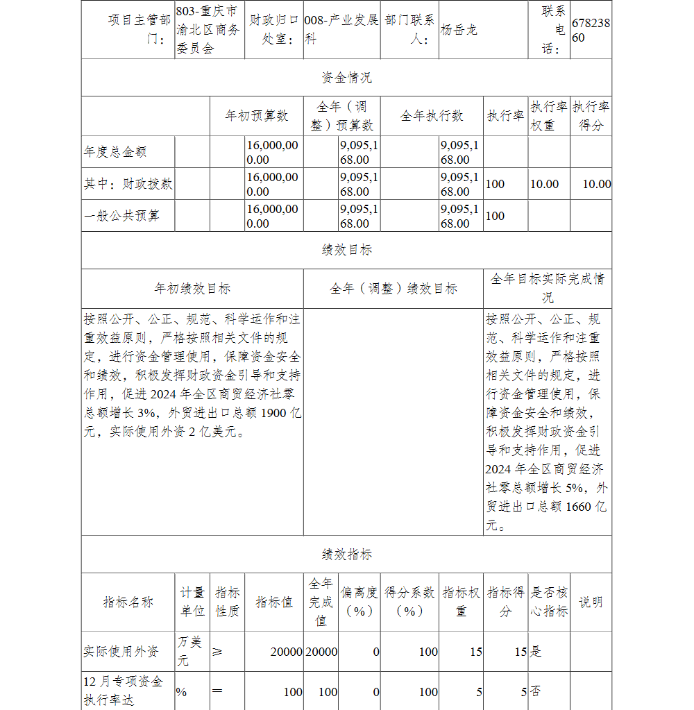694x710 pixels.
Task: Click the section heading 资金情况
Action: click(x=346, y=78)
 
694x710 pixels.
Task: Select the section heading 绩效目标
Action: click(x=346, y=251)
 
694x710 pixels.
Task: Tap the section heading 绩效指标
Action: click(x=346, y=555)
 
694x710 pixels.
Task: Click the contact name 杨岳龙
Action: click(x=459, y=31)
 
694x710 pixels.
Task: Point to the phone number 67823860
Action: click(x=591, y=31)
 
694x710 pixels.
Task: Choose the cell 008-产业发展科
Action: click(x=341, y=31)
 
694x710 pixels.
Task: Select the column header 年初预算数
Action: click(x=256, y=116)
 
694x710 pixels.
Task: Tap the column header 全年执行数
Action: click(x=432, y=116)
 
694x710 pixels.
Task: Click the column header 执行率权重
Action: click(x=548, y=116)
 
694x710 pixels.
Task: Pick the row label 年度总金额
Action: click(x=115, y=152)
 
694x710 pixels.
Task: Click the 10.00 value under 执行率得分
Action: click(x=596, y=184)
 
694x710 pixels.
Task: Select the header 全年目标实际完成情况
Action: click(x=547, y=288)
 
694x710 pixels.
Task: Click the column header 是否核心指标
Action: click(x=548, y=602)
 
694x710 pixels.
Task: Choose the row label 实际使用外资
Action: click(x=121, y=652)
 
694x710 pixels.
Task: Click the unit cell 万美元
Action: click(x=190, y=651)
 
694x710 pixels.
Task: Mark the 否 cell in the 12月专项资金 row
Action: click(x=536, y=692)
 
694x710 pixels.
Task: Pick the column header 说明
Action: click(x=591, y=602)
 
